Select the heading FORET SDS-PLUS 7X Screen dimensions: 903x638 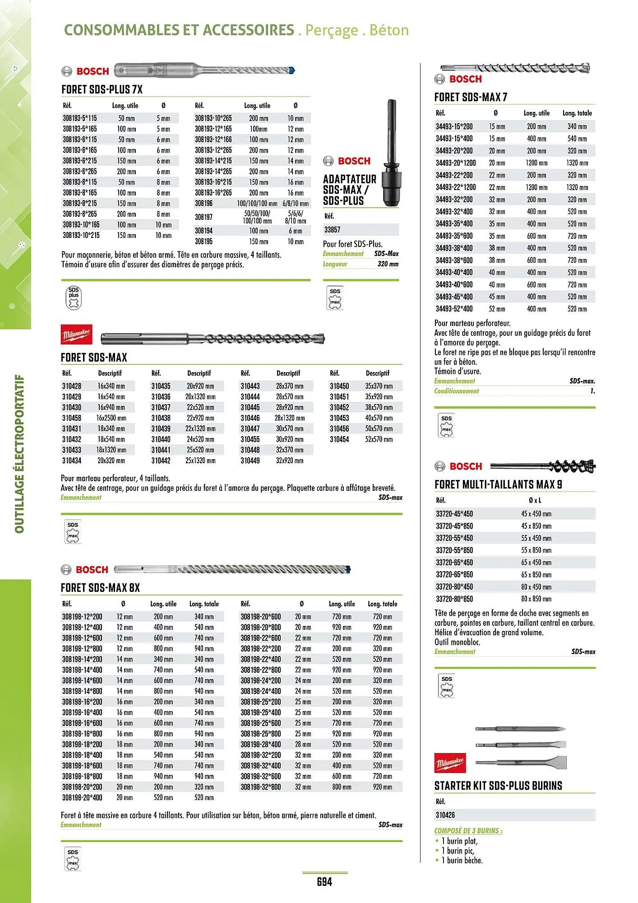[x=102, y=89]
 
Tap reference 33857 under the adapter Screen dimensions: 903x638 [x=333, y=230]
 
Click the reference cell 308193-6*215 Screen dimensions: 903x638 [x=80, y=161]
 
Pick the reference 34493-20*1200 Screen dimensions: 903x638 [x=456, y=163]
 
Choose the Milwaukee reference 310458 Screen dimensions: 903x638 [x=72, y=418]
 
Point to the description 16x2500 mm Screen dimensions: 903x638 [x=111, y=418]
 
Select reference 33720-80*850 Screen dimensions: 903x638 [x=454, y=599]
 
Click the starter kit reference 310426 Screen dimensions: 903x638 [x=445, y=815]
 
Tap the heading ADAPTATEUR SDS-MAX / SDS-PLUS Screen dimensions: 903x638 [x=349, y=190]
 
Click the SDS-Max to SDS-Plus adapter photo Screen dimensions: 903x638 [x=388, y=154]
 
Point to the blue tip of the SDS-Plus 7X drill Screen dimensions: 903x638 [x=291, y=70]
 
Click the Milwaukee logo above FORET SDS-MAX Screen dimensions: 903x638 [x=77, y=335]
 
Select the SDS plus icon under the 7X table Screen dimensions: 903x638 [x=74, y=298]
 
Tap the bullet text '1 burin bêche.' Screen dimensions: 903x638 [x=462, y=861]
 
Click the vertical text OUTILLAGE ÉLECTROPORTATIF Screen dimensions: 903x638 [x=19, y=453]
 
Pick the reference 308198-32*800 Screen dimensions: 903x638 [x=261, y=787]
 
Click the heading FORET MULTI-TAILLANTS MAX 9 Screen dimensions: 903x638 [x=498, y=485]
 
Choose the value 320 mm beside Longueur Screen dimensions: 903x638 [x=388, y=264]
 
